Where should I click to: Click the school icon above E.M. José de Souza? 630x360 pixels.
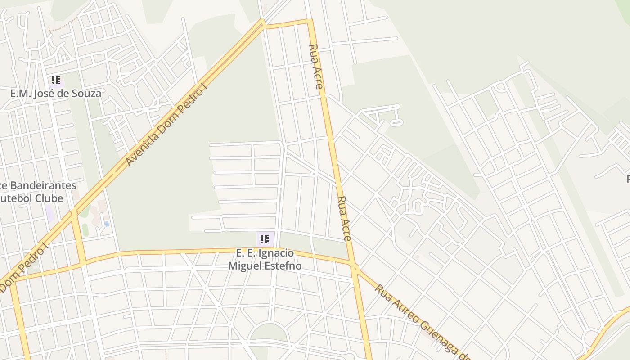(55, 81)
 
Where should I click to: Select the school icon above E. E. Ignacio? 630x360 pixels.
(265, 239)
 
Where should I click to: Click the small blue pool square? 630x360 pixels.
(107, 224)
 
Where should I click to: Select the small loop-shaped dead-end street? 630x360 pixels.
(396, 122)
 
